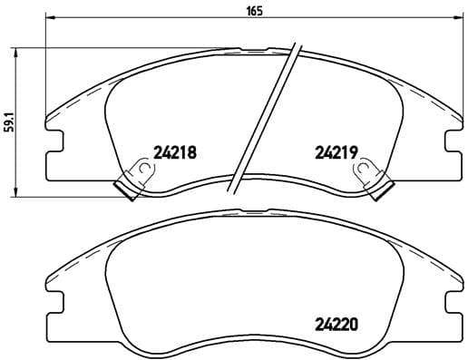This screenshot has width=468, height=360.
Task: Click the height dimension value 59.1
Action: [x=10, y=122]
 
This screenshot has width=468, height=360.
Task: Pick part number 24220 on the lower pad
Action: [x=336, y=321]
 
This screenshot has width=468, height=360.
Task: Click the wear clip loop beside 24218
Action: [x=139, y=169]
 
